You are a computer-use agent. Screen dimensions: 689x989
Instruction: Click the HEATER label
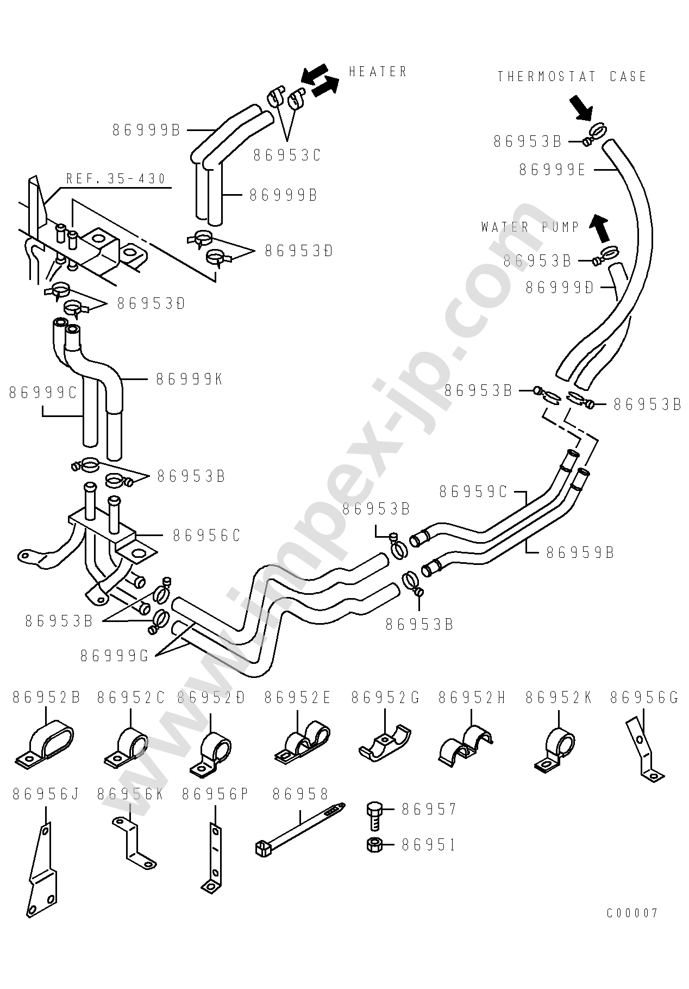point(378,72)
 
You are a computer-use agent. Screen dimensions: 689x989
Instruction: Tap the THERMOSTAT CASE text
point(572,77)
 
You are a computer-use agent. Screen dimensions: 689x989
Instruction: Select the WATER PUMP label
point(530,227)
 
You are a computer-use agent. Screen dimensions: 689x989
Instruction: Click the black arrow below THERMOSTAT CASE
point(580,108)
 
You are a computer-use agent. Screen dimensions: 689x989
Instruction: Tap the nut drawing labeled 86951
point(374,845)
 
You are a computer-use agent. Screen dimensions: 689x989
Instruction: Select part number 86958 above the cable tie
point(300,794)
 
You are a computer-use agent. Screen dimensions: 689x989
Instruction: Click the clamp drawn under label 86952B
point(45,744)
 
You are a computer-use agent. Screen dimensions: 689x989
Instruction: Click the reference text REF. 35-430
point(116,178)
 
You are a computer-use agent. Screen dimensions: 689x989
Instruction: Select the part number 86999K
point(189,379)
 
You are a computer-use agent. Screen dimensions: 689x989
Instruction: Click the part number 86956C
point(206,536)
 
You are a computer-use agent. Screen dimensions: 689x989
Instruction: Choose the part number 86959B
point(580,552)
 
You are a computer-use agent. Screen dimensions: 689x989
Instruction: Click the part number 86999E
point(552,170)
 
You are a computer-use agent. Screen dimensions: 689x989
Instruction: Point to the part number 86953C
point(287,155)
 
